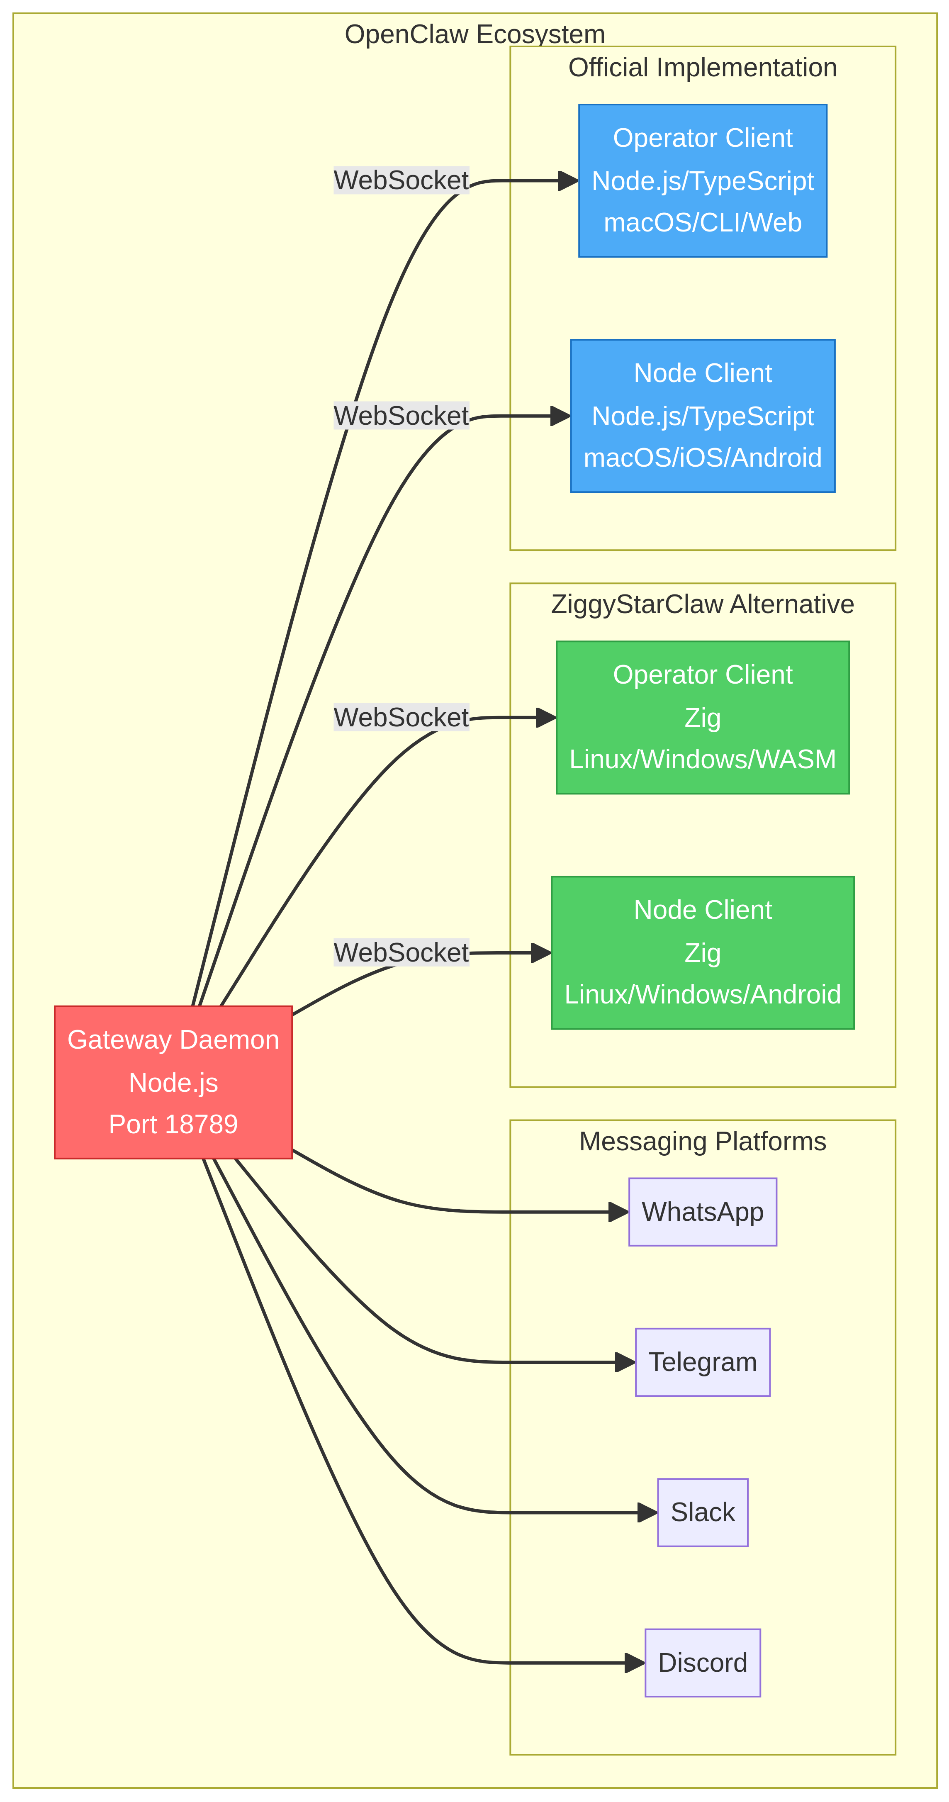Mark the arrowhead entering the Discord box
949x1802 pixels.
634,1663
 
